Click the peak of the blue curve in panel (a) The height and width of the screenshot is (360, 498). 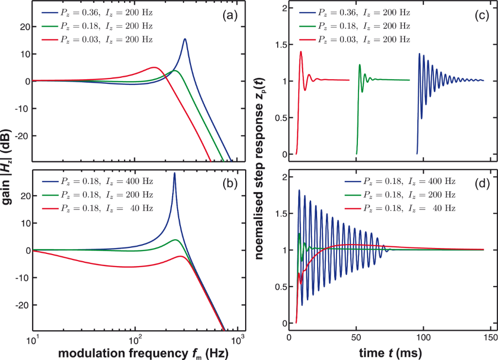coord(185,39)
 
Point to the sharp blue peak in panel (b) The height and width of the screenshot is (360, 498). coord(174,173)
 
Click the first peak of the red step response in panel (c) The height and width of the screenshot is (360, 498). coord(301,52)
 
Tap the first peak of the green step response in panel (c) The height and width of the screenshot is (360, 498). coord(359,65)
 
